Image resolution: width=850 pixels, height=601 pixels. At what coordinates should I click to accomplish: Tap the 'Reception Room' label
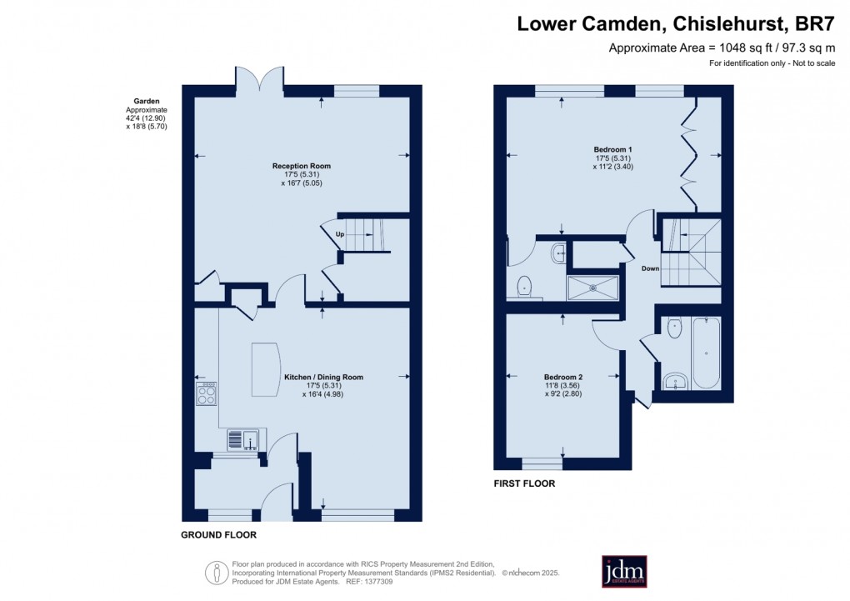pyautogui.click(x=301, y=166)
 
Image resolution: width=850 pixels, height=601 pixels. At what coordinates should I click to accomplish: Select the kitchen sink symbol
pyautogui.click(x=244, y=438)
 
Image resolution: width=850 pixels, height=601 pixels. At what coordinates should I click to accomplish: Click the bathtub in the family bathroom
pyautogui.click(x=706, y=353)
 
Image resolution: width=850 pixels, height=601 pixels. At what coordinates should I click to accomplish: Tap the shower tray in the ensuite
pyautogui.click(x=592, y=288)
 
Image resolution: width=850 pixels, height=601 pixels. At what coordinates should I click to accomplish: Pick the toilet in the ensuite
pyautogui.click(x=524, y=286)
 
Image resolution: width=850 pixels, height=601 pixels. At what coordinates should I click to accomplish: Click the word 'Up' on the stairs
pyautogui.click(x=340, y=234)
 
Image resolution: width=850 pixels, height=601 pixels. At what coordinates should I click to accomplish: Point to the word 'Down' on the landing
pyautogui.click(x=651, y=268)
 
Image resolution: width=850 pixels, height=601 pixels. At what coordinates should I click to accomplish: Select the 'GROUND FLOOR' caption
pyautogui.click(x=218, y=535)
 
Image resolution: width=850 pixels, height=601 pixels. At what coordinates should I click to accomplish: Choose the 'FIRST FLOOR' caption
pyautogui.click(x=525, y=483)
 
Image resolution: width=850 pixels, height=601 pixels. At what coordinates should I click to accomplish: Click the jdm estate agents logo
pyautogui.click(x=624, y=571)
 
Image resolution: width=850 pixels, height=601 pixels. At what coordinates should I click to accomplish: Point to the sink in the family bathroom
pyautogui.click(x=673, y=382)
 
